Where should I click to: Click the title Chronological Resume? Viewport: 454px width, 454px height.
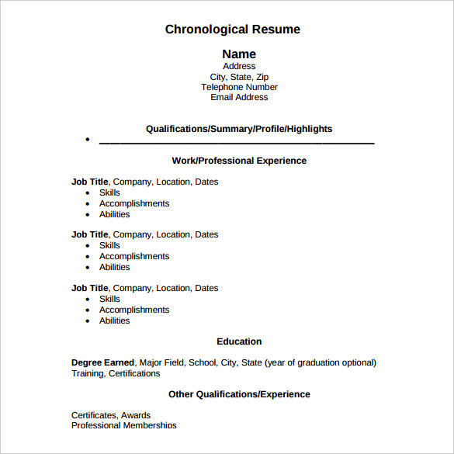(x=232, y=29)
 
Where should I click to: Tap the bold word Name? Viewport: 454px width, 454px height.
(x=239, y=54)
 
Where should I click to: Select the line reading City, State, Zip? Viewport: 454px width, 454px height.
(x=239, y=77)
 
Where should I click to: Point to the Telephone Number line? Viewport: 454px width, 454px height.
(x=239, y=87)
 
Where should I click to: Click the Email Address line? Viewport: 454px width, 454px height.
(x=239, y=97)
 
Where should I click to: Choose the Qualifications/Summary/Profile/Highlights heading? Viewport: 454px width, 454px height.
(x=239, y=129)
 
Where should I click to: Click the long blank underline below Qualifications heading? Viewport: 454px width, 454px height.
(x=237, y=142)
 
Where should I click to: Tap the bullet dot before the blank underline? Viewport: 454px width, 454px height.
(x=88, y=140)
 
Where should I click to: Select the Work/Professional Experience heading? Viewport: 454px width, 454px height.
(x=239, y=161)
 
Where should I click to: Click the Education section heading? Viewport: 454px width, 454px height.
(x=239, y=341)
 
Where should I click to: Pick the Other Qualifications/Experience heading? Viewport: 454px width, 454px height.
(x=239, y=394)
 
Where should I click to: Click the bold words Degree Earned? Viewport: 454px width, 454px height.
(x=102, y=362)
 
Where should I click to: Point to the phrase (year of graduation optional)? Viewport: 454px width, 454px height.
(x=321, y=362)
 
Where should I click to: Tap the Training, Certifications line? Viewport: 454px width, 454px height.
(x=116, y=373)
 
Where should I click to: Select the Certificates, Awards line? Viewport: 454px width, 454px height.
(x=111, y=415)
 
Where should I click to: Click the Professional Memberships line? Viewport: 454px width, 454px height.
(x=124, y=425)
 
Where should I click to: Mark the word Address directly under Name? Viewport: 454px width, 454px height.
(x=239, y=67)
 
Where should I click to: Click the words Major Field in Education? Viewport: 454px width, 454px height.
(x=161, y=362)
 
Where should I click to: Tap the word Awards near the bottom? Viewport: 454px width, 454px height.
(x=136, y=415)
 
